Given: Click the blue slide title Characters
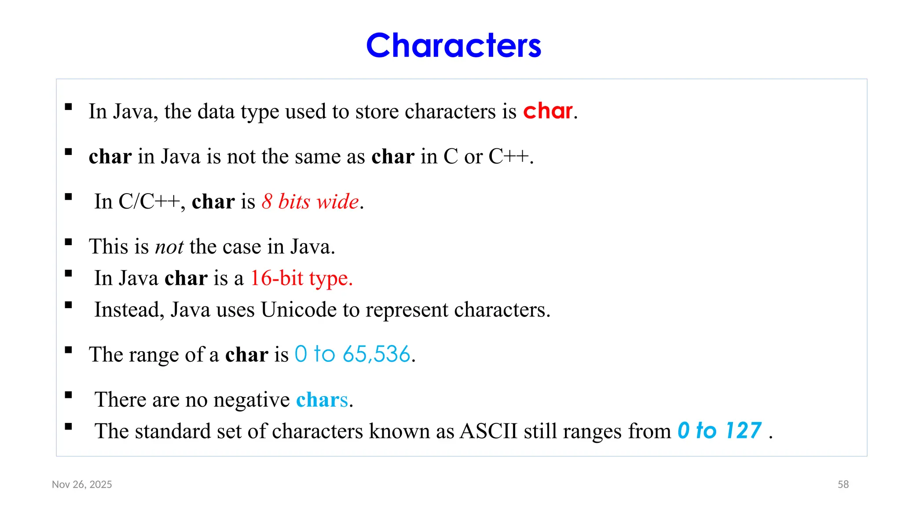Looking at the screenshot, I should click(454, 45).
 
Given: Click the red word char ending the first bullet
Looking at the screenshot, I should click(548, 111).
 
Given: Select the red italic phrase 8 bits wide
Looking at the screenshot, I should click(311, 202).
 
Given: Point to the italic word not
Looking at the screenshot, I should click(169, 246).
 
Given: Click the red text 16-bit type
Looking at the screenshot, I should click(301, 278).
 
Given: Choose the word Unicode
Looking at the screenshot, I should click(299, 310).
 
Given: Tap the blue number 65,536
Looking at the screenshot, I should click(377, 354).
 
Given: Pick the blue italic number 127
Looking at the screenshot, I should click(744, 430).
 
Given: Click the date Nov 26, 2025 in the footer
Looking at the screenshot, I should click(82, 485).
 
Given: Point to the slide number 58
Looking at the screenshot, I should click(843, 485).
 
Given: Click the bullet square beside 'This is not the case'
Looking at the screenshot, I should click(68, 242).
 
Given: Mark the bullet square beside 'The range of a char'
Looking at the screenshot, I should click(68, 350).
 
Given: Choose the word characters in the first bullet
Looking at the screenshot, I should click(450, 111).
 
